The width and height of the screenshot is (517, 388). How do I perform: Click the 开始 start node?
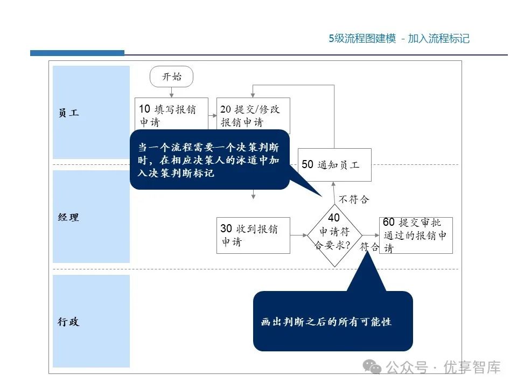(171, 77)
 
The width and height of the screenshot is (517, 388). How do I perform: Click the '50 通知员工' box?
(334, 165)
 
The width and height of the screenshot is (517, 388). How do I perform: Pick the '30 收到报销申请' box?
(253, 235)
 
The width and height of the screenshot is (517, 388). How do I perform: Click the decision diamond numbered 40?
(334, 235)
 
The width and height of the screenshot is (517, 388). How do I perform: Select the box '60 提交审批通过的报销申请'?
(416, 235)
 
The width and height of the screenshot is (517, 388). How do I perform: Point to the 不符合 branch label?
(354, 199)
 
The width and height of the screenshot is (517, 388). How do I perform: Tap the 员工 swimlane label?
(68, 113)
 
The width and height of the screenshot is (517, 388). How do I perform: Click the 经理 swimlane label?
(68, 217)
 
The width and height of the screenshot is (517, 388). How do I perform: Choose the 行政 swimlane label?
(68, 322)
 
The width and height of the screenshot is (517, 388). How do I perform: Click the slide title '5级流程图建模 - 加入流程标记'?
(399, 39)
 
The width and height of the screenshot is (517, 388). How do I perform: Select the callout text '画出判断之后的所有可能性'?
(326, 322)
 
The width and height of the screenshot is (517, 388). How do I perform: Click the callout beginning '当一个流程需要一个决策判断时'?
(209, 160)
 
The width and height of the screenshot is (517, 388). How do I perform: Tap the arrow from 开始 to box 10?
(171, 92)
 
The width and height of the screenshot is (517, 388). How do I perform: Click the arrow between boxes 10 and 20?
(213, 115)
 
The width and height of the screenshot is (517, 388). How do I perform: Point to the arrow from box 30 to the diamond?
(298, 235)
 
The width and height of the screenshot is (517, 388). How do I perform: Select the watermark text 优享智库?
(472, 368)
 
